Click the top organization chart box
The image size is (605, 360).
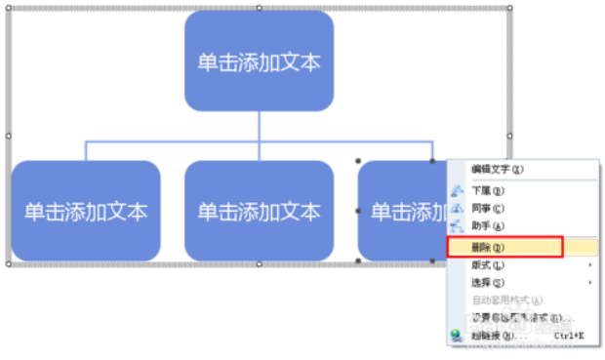pos(259,61)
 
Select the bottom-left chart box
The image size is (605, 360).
pos(86,211)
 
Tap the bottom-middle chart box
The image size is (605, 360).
pos(259,211)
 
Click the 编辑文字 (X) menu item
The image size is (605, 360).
pos(498,169)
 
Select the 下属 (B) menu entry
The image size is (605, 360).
pos(488,191)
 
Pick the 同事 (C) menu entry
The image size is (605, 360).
pos(488,209)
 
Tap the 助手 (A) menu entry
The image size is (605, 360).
pos(488,226)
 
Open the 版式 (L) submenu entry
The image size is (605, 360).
pos(488,265)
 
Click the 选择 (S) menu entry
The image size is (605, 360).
pos(488,283)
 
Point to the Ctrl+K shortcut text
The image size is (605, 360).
pos(569,335)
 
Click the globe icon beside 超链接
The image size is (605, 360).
pos(456,335)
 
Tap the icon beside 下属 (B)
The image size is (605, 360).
pos(456,191)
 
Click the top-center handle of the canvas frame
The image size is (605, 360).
pos(259,8)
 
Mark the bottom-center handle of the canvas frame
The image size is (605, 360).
pos(259,264)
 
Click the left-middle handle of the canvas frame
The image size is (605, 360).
pos(9,136)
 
